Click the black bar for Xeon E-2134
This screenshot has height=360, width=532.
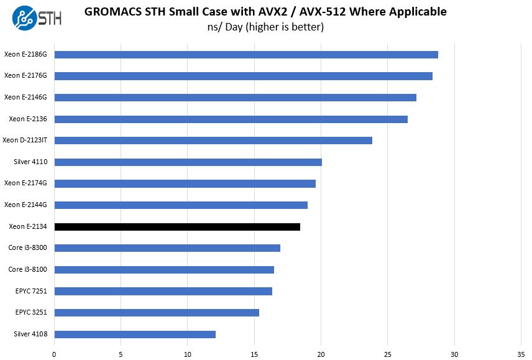tap(177, 227)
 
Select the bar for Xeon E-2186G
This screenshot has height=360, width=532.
tap(246, 55)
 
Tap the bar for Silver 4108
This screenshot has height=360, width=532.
tap(135, 335)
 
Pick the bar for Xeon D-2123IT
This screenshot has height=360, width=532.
tap(213, 141)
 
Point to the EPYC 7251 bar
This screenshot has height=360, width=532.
tap(163, 291)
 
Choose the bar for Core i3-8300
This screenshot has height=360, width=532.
tap(167, 248)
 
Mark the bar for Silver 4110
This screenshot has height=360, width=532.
tap(188, 162)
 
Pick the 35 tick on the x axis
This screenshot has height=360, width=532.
tap(521, 354)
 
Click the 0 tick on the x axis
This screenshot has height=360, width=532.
tap(55, 354)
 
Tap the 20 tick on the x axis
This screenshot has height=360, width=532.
tap(321, 354)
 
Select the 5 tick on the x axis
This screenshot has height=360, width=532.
tap(121, 354)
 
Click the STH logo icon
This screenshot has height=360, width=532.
tap(23, 17)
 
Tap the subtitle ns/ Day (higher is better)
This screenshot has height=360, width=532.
tap(265, 27)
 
